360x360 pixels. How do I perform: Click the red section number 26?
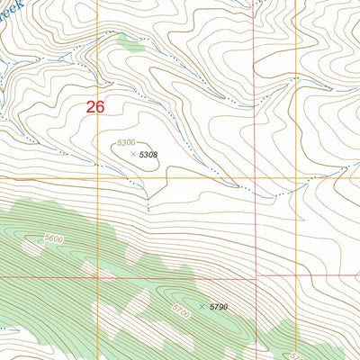95,107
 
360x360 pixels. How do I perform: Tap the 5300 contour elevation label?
126,143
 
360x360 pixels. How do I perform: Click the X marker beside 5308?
134,155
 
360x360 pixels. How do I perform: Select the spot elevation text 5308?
148,155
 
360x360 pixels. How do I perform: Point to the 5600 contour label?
53,238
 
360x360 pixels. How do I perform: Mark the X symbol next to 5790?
202,307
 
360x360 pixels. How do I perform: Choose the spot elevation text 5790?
219,307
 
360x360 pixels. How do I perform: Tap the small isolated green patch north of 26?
129,40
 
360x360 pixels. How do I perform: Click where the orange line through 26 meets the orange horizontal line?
99,177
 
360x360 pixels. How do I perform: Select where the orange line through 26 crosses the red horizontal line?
99,277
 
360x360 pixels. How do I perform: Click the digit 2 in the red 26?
91,107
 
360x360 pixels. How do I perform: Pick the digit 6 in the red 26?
100,107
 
